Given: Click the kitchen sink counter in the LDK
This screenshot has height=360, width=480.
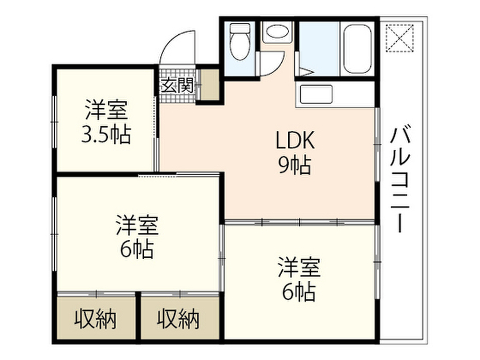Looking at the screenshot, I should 316,95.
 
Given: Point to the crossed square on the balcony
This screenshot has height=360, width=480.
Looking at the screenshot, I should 399,37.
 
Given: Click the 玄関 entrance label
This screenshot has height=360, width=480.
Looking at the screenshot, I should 178,85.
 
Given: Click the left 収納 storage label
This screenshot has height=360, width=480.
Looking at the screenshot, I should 96,319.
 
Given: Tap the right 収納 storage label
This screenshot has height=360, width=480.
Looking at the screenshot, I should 178,319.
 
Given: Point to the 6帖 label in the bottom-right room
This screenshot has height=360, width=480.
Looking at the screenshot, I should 299,292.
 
